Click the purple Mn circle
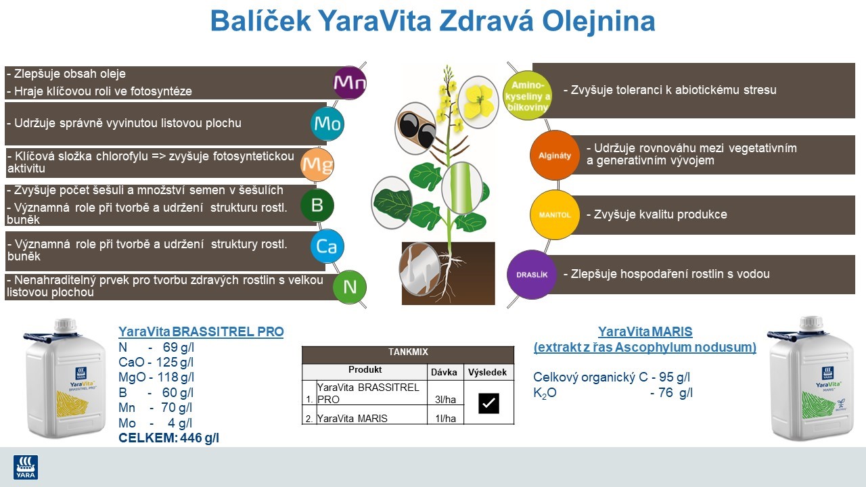pos(350,83)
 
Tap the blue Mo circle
pos(327,124)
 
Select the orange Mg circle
pos(317,164)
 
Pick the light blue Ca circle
pos(327,246)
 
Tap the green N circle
pos(350,286)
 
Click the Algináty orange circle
pos(554,155)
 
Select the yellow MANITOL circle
pos(554,214)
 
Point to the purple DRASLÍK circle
pos(531,275)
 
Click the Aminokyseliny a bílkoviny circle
pos(528,95)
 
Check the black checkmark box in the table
pos(488,403)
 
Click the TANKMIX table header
pos(408,352)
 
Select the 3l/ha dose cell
pos(444,400)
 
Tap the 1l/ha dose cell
pos(444,419)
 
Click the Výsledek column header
pos(488,372)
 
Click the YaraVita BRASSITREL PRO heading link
pos(201,331)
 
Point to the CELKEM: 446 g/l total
pos(168,438)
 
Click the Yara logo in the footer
pos(26,467)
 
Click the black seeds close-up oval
pos(415,129)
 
